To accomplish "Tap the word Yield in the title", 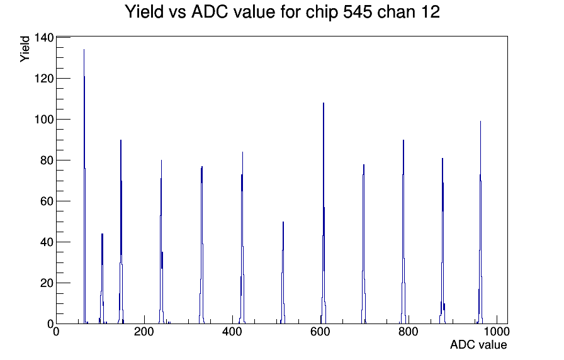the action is tap(144, 12).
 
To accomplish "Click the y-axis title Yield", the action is tap(25, 49).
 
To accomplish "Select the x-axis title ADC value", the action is tap(478, 344).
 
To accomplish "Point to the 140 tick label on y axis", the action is tap(44, 37).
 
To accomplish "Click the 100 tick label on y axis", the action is tap(44, 119).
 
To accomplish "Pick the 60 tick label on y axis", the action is tap(47, 201).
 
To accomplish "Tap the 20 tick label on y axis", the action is tap(47, 283).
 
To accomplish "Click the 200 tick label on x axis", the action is tap(144, 332).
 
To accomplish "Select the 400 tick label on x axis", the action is tap(232, 332).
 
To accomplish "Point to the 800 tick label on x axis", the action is tap(409, 332).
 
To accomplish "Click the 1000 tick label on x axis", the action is tap(497, 332).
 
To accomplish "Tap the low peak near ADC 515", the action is tap(283, 273).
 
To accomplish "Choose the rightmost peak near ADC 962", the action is tap(480, 223).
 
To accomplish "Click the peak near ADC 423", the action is tap(242, 237).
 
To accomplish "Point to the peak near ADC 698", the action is tap(364, 245).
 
